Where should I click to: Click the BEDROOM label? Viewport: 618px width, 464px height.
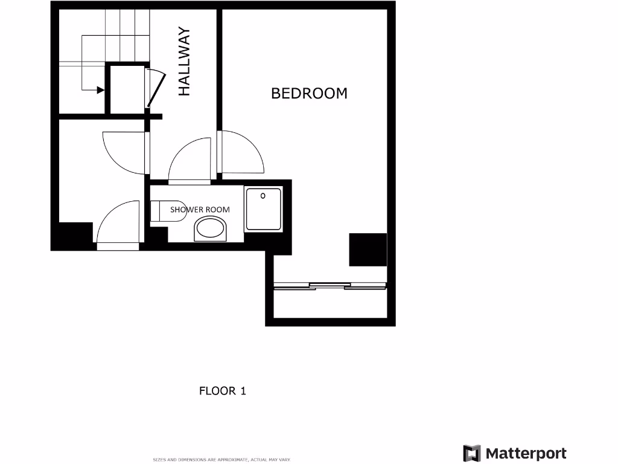point(309,93)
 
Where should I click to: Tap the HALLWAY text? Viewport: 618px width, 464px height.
point(184,62)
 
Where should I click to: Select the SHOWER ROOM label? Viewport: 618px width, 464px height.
point(200,210)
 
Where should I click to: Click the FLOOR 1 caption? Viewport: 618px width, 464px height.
point(222,391)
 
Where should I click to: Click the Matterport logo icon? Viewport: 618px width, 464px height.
point(472,453)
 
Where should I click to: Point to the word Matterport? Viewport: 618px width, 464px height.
point(526,453)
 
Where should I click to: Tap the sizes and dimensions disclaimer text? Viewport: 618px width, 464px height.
point(222,460)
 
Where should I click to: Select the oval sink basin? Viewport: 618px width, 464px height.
point(210,230)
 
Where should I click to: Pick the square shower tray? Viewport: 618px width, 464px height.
point(263,209)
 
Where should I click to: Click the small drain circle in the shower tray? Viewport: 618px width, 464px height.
point(263,195)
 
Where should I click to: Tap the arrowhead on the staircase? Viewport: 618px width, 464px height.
point(100,90)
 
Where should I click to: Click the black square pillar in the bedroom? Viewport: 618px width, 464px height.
point(368,250)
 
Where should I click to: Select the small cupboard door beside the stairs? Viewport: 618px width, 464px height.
point(153,88)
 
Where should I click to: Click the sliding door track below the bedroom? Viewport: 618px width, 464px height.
point(330,286)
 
